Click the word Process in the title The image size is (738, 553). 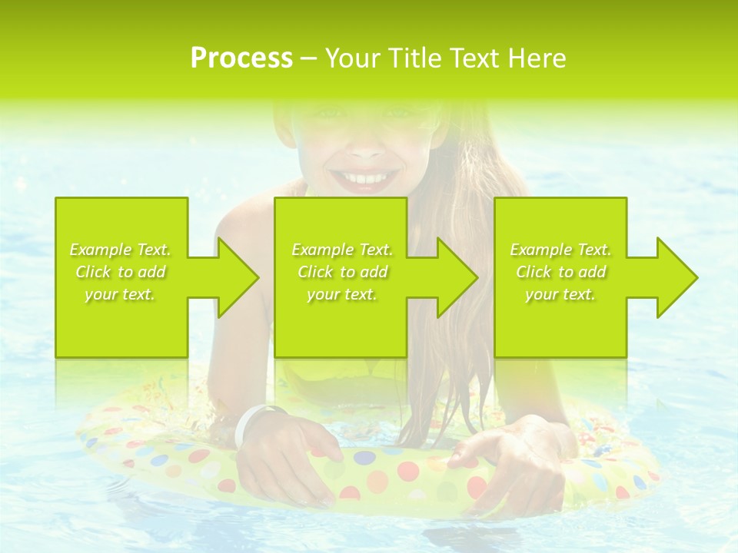pos(241,58)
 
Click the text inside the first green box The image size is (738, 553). pos(121,272)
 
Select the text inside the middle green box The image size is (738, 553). pos(342,272)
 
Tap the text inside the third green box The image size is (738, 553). pos(560,272)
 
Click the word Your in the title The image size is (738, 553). pos(352,58)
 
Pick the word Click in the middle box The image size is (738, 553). pos(314,272)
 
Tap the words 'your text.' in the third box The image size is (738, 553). pos(560,294)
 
